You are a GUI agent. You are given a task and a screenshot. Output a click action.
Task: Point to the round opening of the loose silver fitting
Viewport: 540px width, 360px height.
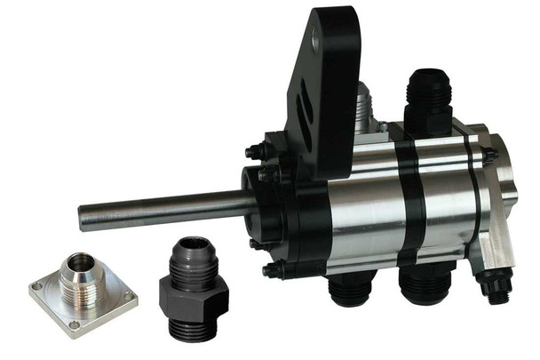click(x=81, y=262)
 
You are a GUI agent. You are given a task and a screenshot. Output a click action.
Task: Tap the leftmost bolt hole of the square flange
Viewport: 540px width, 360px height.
click(x=37, y=287)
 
